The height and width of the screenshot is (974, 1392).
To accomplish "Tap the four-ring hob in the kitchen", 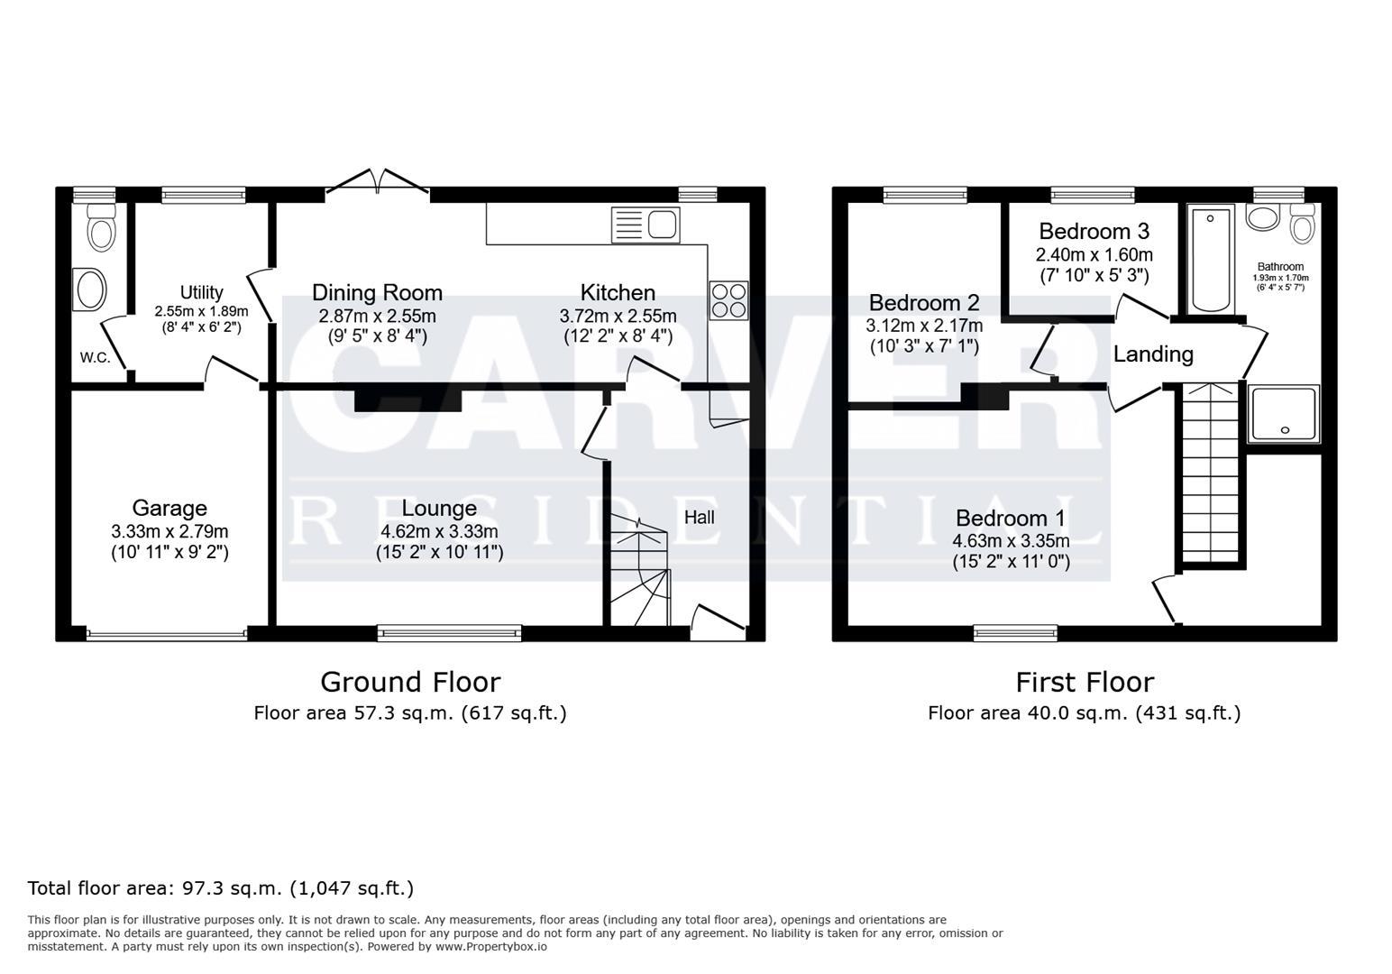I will tap(728, 300).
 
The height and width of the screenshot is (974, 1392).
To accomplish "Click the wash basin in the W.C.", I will tap(90, 290).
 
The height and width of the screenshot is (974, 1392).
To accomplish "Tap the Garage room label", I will tap(169, 509).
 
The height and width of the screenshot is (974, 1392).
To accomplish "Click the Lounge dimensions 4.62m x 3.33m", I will tap(439, 532).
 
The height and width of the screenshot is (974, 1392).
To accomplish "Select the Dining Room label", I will tap(377, 292).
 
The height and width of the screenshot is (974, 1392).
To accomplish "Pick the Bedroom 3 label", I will tap(1094, 231).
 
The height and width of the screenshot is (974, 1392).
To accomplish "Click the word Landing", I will tap(1153, 354).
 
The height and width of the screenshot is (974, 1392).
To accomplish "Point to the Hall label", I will tap(699, 517).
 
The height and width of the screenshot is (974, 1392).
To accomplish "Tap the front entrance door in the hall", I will tap(718, 622).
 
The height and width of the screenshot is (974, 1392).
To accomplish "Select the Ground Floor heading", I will tap(410, 681).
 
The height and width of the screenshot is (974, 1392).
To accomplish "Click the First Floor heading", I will tap(1085, 681).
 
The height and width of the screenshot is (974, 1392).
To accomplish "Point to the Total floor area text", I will tap(221, 887).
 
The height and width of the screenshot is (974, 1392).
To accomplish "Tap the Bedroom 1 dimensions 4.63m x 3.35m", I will tap(1011, 541).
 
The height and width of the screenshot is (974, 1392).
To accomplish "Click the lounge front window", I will tap(449, 633).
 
